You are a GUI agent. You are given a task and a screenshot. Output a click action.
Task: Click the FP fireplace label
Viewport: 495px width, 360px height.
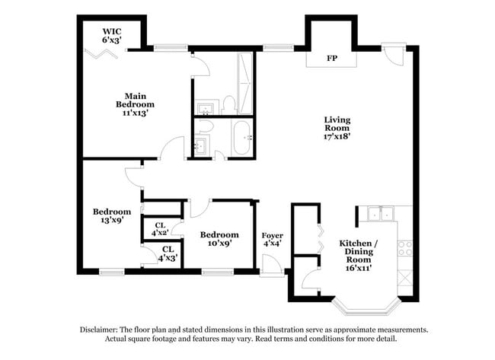[332, 58]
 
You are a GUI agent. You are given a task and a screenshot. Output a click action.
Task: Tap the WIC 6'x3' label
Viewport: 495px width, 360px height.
[113, 34]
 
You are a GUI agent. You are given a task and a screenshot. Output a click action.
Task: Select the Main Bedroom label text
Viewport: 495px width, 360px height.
[136, 104]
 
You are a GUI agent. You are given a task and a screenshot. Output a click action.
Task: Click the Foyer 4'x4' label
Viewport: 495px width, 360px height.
[273, 240]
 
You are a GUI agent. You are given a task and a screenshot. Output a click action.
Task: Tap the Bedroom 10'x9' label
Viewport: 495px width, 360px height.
[219, 239]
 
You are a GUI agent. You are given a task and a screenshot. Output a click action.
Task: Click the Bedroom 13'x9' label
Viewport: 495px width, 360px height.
[112, 216]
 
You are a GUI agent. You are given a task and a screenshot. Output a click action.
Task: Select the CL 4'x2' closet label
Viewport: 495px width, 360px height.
[160, 229]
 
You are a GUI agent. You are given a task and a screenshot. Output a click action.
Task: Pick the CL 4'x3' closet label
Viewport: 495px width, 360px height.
[166, 253]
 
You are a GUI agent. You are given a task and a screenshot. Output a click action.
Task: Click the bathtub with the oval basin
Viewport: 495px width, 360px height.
[241, 138]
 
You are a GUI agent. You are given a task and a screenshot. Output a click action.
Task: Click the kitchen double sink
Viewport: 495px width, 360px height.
[378, 214]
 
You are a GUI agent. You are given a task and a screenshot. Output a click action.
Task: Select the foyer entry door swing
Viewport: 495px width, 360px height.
[271, 264]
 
